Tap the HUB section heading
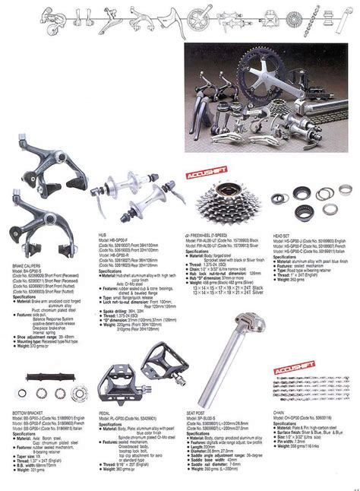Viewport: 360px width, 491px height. [x=104, y=236]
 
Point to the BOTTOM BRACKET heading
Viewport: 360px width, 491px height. [x=24, y=411]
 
